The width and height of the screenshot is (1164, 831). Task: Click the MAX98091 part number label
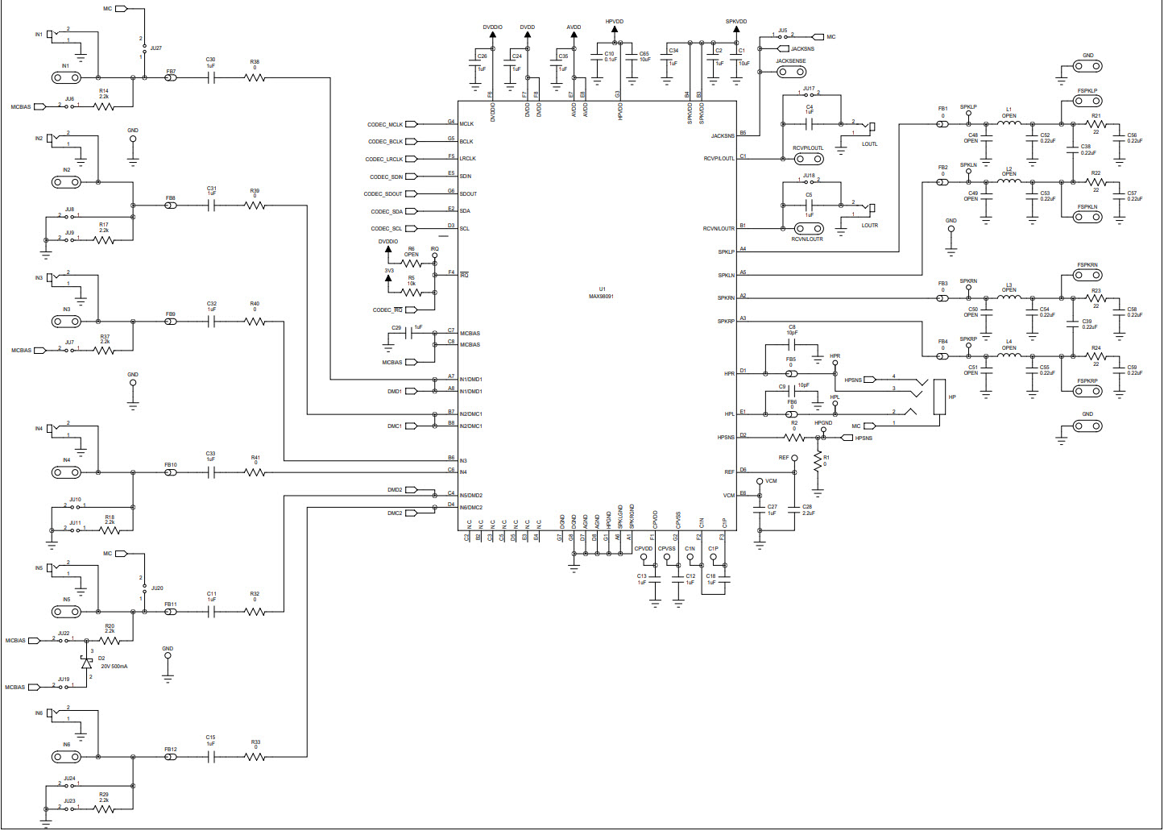pyautogui.click(x=601, y=297)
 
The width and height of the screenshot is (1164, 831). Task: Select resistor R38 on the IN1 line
pyautogui.click(x=255, y=78)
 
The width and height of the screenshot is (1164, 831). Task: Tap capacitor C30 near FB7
pyautogui.click(x=211, y=78)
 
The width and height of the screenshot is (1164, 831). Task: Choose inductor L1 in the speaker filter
pyautogui.click(x=1009, y=124)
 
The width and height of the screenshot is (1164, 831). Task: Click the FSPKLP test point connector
pyautogui.click(x=1087, y=103)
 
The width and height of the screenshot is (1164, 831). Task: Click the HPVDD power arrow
pyautogui.click(x=614, y=31)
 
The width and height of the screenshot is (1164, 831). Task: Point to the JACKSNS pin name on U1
pyautogui.click(x=722, y=136)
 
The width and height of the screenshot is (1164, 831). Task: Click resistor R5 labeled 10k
pyautogui.click(x=411, y=292)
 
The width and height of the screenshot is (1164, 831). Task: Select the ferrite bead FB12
pyautogui.click(x=171, y=757)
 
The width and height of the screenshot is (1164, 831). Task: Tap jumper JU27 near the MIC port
pyautogui.click(x=144, y=48)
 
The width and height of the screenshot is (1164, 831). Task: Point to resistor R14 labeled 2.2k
pyautogui.click(x=104, y=106)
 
